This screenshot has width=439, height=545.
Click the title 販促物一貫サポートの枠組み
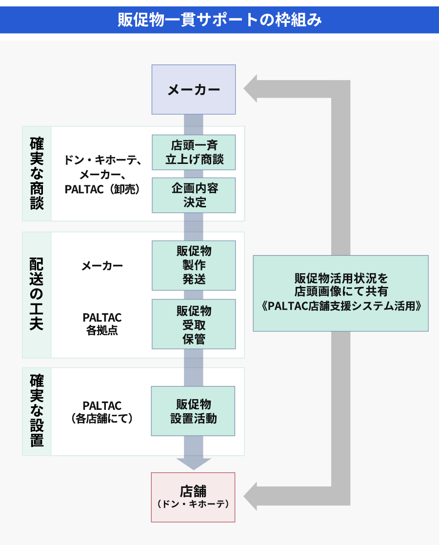(219, 20)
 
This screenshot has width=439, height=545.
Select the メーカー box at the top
(194, 90)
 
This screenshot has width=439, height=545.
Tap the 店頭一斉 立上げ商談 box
(194, 152)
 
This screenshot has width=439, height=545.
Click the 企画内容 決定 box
(194, 195)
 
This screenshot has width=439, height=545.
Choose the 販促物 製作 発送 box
(194, 265)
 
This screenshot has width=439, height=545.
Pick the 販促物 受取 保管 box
(194, 324)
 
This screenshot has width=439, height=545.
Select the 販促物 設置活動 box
(193, 411)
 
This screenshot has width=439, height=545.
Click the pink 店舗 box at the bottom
(193, 497)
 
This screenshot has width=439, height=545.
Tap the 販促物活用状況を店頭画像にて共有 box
(340, 293)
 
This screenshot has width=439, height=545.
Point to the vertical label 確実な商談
(37, 174)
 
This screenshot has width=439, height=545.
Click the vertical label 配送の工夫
(37, 295)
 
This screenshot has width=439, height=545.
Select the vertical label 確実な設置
(37, 411)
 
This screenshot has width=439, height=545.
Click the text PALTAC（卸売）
(102, 190)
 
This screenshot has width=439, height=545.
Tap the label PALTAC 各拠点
(102, 324)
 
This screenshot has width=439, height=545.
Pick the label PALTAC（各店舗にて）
(102, 412)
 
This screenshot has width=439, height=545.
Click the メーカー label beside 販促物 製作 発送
(102, 266)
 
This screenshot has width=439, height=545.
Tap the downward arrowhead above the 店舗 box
(194, 464)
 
